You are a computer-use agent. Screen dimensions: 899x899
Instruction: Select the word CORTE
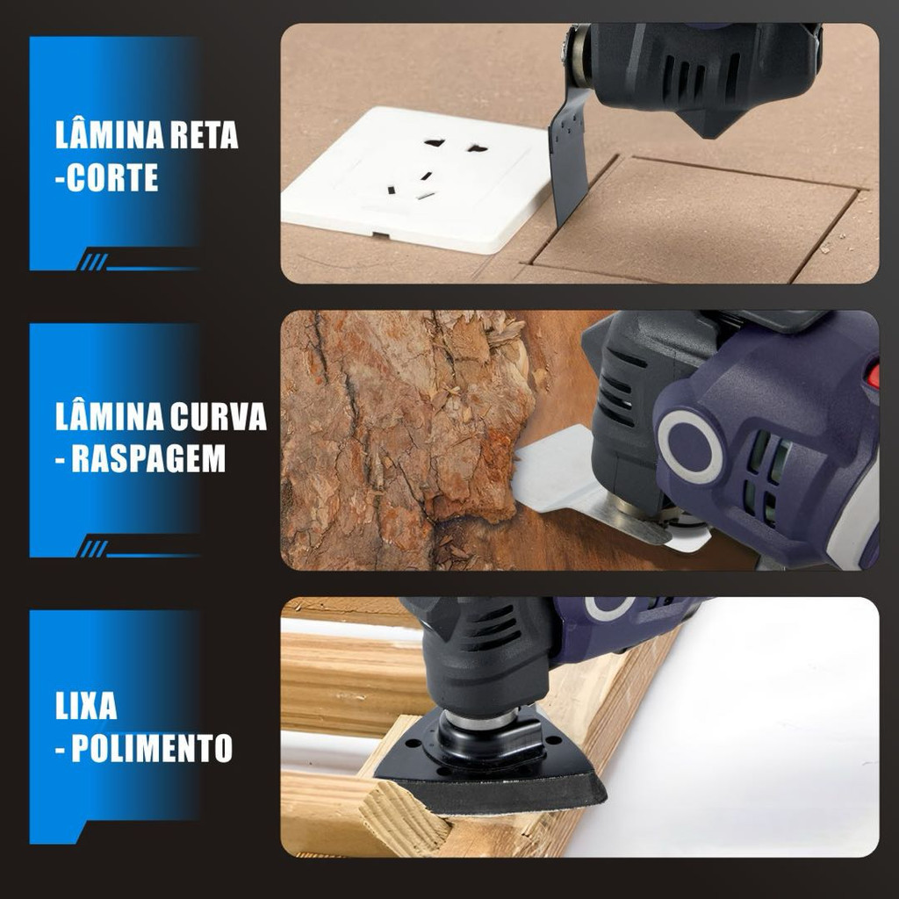tap(112, 177)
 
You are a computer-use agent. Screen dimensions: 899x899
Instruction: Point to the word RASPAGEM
tap(148, 458)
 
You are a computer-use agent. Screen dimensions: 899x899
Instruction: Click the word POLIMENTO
tap(152, 748)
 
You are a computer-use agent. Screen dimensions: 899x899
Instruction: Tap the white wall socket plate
tap(415, 181)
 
